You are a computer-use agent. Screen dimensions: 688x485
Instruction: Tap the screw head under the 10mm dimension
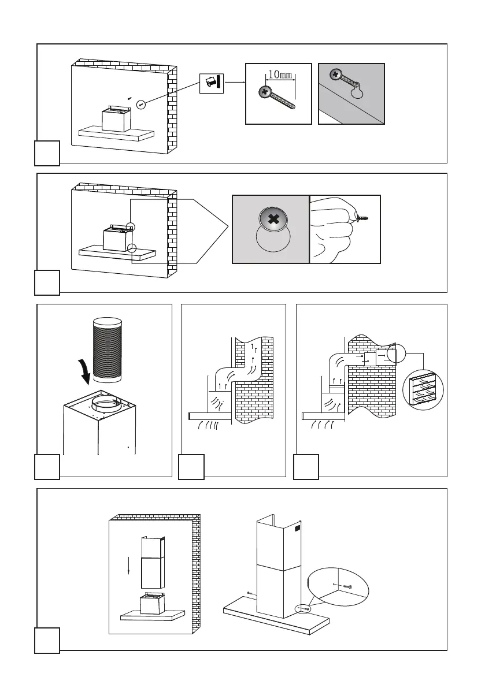[x=265, y=91]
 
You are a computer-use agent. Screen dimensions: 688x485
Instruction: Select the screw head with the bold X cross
[x=271, y=220]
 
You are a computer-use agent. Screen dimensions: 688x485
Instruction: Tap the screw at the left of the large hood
[x=248, y=593]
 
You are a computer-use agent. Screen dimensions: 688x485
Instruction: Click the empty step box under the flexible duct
[x=47, y=466]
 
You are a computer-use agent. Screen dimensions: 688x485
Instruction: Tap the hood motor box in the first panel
[x=114, y=119]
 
